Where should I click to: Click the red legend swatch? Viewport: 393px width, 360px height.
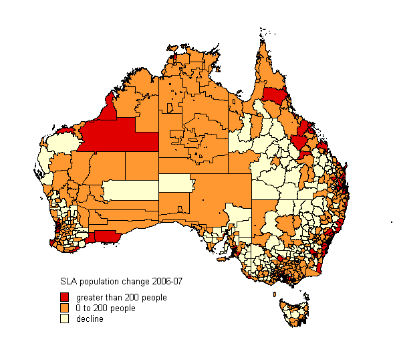click(x=65, y=297)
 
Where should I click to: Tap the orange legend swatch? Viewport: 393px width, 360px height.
click(x=65, y=308)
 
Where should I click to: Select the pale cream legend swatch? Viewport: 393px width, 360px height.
click(x=65, y=319)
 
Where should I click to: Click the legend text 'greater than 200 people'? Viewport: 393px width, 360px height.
click(x=121, y=297)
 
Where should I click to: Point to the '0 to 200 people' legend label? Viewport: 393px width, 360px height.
click(x=106, y=308)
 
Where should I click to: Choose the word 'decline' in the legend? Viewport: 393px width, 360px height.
click(x=90, y=319)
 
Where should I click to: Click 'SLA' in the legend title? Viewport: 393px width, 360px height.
click(x=68, y=281)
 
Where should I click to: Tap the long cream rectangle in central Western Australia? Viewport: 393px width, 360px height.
click(x=130, y=190)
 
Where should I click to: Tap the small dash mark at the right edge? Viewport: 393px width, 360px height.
click(x=390, y=222)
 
